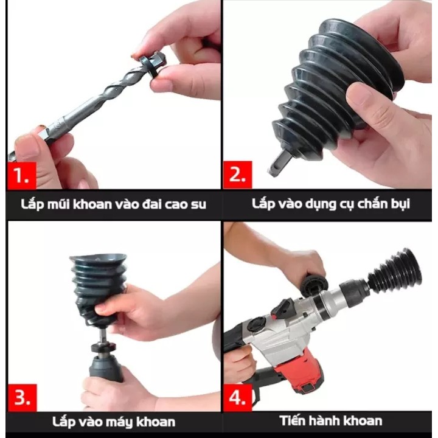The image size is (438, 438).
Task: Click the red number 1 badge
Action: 22,175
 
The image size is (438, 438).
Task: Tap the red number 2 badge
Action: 238,175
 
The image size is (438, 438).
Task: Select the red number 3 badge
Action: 22,397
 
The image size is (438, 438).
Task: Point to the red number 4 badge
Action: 238,397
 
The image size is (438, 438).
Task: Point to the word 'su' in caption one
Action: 198,205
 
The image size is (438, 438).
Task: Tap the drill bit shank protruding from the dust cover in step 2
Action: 278,163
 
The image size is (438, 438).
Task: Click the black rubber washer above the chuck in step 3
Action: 103,347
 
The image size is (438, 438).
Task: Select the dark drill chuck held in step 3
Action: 106,368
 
